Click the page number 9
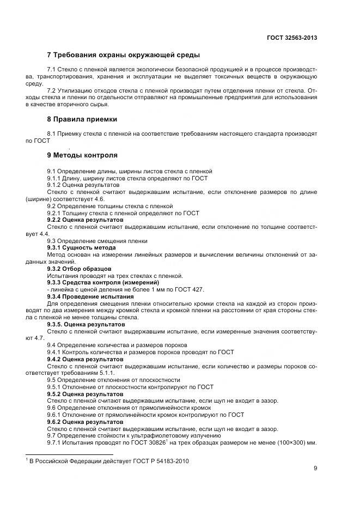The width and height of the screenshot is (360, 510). (315, 467)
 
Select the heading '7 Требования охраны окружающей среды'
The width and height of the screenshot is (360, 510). (124, 55)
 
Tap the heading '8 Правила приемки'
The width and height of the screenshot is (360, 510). (82, 119)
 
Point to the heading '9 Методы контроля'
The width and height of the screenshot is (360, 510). (82, 155)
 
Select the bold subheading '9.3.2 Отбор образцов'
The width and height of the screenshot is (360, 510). (80, 269)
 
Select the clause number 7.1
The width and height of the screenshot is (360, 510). (52, 70)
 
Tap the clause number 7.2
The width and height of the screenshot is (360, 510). (52, 90)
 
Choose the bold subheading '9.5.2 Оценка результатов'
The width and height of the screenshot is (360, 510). (85, 394)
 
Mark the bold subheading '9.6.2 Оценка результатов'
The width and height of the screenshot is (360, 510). (85, 422)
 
